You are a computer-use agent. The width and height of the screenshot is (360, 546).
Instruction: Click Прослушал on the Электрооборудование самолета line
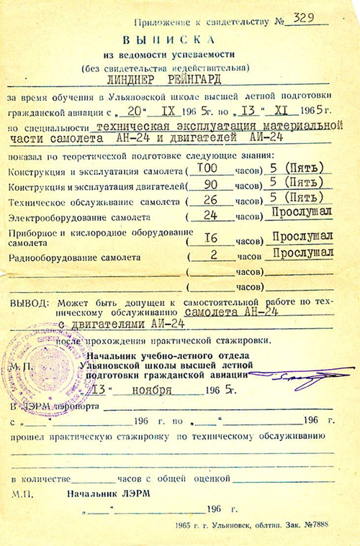pyautogui.click(x=303, y=213)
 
